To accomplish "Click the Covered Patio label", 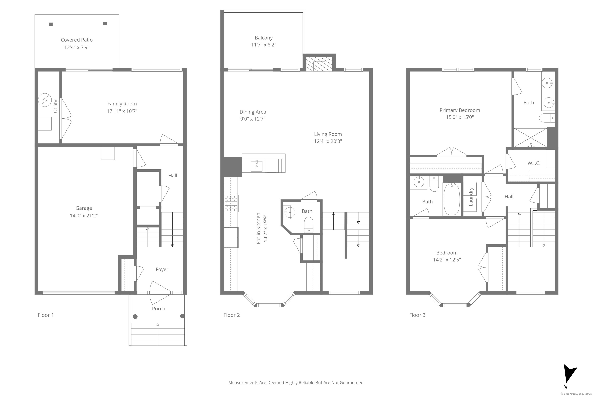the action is (x=77, y=40).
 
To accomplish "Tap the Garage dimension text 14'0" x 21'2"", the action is (x=84, y=215).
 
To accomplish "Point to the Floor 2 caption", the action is (x=231, y=315).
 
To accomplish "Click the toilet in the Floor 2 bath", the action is (x=309, y=224).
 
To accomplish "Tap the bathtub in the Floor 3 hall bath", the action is (x=452, y=199).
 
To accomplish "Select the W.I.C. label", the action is (x=534, y=163).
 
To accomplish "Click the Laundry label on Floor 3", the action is (x=470, y=197).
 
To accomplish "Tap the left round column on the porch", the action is (x=135, y=317).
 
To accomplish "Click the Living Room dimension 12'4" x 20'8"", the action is (x=328, y=141).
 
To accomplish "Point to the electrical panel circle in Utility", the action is (x=45, y=100).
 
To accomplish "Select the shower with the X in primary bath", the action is (x=530, y=138).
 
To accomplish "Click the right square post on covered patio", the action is (x=105, y=23).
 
